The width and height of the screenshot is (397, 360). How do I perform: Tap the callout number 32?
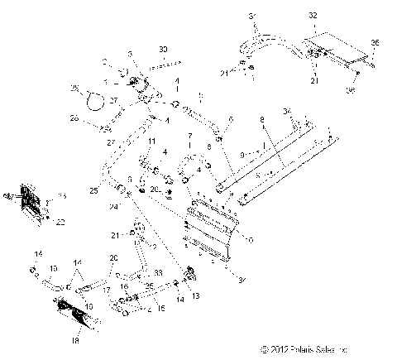click(x=313, y=16)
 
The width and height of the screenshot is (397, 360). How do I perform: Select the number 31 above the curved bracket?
click(x=253, y=16)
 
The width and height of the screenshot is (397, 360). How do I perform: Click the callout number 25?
click(x=93, y=191)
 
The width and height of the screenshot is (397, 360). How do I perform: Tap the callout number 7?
click(x=189, y=134)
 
